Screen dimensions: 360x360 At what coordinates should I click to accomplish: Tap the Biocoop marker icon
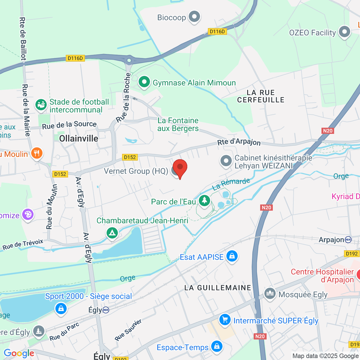pyautogui.click(x=194, y=17)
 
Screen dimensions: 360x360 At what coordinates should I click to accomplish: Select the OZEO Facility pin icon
pyautogui.click(x=344, y=32)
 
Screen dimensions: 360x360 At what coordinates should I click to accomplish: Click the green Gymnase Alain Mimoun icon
pyautogui.click(x=144, y=82)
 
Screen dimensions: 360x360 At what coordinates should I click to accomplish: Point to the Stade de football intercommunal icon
pyautogui.click(x=41, y=105)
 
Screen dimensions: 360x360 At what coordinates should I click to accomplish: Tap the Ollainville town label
pyautogui.click(x=79, y=138)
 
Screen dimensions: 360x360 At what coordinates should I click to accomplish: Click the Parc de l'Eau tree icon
pyautogui.click(x=205, y=200)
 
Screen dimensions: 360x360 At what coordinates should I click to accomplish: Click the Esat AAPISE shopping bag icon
pyautogui.click(x=232, y=256)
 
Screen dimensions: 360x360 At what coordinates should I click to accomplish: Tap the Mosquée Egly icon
pyautogui.click(x=270, y=294)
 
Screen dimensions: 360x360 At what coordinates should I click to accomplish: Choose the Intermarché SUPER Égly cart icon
pyautogui.click(x=225, y=320)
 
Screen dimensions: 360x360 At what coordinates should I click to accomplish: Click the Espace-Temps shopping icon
pyautogui.click(x=217, y=346)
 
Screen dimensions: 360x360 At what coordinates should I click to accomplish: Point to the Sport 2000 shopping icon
pyautogui.click(x=61, y=308)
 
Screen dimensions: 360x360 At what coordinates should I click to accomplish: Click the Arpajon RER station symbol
pyautogui.click(x=348, y=239)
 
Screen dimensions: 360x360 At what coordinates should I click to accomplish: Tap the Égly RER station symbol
pyautogui.click(x=106, y=310)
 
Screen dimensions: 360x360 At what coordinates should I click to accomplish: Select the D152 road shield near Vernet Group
pyautogui.click(x=130, y=157)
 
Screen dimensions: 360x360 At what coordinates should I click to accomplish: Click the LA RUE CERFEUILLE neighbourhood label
pyautogui.click(x=261, y=96)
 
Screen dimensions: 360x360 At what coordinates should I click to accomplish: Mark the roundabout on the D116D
pyautogui.click(x=129, y=60)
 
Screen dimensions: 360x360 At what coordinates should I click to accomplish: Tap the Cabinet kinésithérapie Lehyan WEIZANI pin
pyautogui.click(x=226, y=161)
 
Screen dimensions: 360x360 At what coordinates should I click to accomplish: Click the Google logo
pyautogui.click(x=19, y=353)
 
